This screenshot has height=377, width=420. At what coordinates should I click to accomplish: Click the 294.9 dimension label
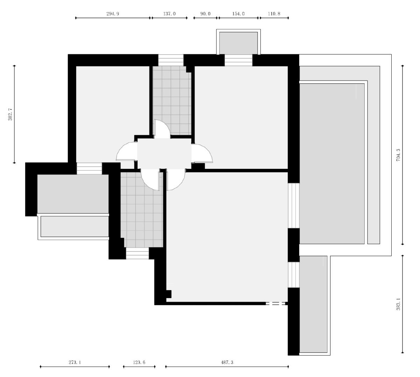(113, 14)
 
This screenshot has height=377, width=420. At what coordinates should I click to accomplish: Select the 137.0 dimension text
(169, 14)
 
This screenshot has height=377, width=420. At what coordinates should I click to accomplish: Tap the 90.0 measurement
(205, 14)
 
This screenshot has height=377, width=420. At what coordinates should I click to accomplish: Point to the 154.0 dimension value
(238, 14)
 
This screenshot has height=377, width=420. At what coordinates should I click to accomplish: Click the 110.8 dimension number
(274, 14)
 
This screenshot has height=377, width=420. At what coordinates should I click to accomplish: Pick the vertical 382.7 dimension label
(10, 114)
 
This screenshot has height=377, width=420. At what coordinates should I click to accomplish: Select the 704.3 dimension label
(398, 155)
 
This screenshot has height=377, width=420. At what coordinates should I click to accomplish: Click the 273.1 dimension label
(75, 362)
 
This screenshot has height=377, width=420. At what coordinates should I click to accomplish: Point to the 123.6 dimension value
(139, 362)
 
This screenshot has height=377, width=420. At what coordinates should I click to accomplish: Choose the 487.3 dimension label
(227, 362)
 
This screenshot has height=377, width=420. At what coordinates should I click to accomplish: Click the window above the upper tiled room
(171, 60)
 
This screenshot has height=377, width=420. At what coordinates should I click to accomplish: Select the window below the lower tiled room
(137, 253)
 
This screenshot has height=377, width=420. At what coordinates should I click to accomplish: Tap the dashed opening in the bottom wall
(275, 303)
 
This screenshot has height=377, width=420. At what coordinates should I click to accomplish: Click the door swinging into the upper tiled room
(162, 129)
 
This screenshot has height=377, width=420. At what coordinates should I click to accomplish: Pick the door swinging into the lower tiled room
(150, 180)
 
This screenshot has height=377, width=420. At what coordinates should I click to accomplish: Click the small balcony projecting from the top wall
(238, 42)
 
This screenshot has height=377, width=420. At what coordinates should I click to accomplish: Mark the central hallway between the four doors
(164, 153)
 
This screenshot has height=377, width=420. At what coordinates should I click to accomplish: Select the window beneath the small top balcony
(238, 60)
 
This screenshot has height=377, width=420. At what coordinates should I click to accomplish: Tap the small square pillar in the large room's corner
(169, 294)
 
